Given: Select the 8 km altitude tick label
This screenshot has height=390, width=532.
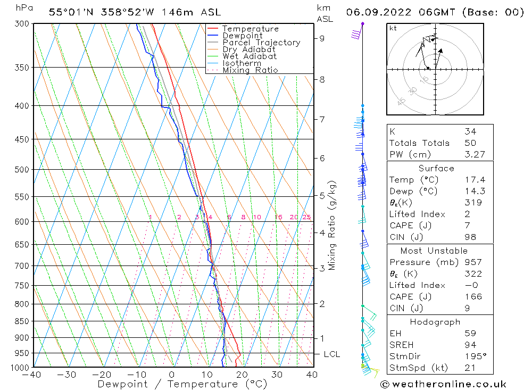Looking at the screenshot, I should pos(322,80).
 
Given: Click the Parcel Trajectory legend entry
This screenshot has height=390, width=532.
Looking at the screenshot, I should pos(261,43).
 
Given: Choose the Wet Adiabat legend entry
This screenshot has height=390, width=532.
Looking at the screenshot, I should pos(250,56).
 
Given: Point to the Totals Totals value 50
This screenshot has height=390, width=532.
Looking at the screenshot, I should pos(470,143).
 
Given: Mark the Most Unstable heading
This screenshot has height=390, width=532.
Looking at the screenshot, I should pos(435,251).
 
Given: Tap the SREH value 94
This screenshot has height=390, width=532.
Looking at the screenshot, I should pos(470,345).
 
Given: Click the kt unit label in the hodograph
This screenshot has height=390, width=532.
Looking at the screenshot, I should pos(393,28).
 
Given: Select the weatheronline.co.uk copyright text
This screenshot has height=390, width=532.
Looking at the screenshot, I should pos(443,384).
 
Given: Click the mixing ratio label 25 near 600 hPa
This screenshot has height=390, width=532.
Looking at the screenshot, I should pos(306,217).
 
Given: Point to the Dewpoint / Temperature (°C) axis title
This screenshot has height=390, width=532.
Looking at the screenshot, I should pos(182,384).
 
